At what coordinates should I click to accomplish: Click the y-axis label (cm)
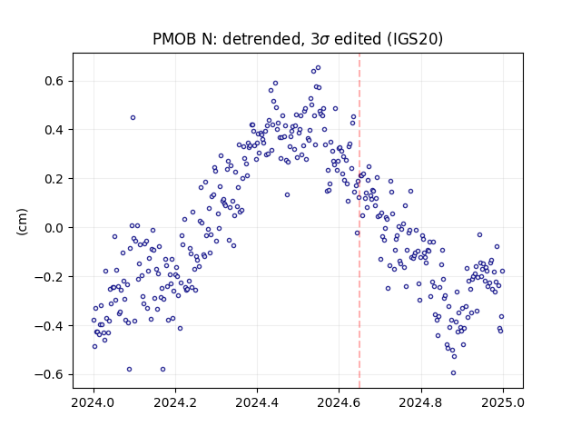coord(22,222)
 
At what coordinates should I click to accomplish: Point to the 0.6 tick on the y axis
coord(54,81)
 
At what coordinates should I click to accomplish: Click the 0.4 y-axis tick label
coord(54,130)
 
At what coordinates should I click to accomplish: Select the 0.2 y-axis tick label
coord(54,179)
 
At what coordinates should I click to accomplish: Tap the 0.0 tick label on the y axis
coord(54,228)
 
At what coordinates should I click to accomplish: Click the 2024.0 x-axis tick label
coord(94,402)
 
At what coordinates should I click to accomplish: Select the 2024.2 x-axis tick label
coord(175,402)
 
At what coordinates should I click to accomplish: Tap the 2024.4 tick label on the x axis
coord(257,402)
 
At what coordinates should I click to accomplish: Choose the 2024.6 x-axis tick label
coord(339,402)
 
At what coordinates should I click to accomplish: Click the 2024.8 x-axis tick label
coord(421,402)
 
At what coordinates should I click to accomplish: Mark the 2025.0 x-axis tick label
coord(503,402)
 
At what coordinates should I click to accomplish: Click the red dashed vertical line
coord(359,221)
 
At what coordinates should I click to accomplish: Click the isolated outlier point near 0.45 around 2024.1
coord(133,118)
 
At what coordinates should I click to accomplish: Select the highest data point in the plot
coord(318,68)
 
